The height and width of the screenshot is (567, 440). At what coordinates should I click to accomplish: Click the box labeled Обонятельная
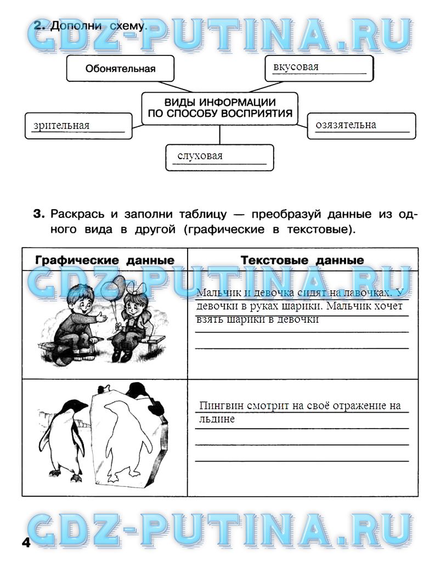120,69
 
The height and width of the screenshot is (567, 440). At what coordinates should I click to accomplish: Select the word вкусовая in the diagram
296,67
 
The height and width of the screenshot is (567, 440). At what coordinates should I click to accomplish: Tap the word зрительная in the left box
61,126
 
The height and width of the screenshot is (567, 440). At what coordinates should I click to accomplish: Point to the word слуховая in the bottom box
200,156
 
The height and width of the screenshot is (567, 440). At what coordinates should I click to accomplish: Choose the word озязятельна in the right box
346,125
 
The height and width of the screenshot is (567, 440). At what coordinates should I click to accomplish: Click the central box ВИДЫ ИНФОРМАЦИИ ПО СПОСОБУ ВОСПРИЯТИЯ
219,109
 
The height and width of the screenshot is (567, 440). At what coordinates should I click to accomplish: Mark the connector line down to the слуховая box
220,134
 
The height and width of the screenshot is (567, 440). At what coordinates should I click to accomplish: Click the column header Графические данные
105,260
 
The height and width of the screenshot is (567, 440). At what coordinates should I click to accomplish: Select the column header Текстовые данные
302,260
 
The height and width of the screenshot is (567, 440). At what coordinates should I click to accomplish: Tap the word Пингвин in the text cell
220,407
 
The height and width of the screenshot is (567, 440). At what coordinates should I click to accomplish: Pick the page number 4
25,543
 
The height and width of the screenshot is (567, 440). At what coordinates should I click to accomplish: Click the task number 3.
37,214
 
